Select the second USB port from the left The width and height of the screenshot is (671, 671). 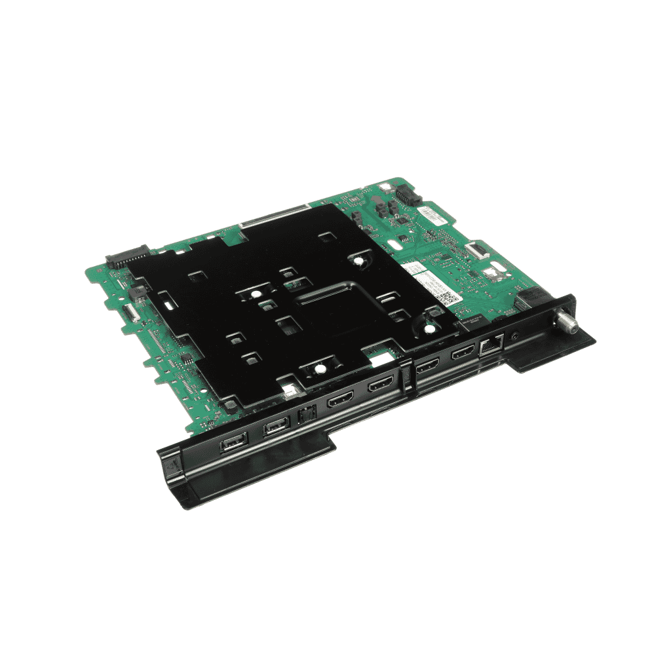coord(275,429)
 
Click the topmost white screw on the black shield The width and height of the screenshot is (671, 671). coord(360,260)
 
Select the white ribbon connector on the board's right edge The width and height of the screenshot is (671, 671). coord(476,248)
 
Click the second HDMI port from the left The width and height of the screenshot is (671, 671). coord(380,385)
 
